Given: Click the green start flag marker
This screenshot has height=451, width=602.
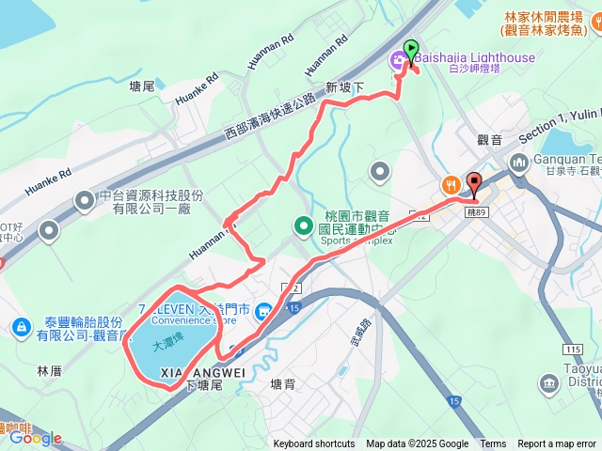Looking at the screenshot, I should (x=410, y=50).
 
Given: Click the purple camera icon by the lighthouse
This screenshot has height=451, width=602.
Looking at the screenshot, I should (x=400, y=61).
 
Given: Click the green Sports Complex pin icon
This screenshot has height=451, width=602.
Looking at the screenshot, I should (x=303, y=225).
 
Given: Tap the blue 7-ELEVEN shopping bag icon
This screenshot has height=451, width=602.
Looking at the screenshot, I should (x=265, y=309).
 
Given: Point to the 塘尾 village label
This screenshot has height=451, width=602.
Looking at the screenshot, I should (x=141, y=86).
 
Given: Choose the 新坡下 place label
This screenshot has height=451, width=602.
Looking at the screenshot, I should (x=343, y=86).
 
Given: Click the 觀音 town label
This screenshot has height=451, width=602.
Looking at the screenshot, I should (x=490, y=140).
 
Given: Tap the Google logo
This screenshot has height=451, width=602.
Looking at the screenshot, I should (x=36, y=438).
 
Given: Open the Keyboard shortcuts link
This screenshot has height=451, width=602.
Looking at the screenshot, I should (x=314, y=444).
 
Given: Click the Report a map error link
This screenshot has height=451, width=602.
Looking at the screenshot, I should (x=557, y=444).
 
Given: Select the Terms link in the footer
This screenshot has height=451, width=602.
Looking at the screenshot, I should (x=493, y=444).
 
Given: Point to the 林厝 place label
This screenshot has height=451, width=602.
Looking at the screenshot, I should (x=49, y=371).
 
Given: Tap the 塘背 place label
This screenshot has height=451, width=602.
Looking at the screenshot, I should (x=282, y=384).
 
